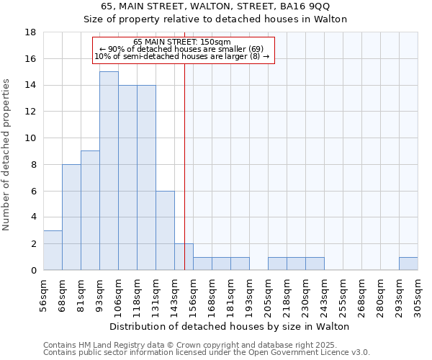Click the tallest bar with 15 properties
109,171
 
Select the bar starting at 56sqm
53,251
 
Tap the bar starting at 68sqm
71,217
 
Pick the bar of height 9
90,210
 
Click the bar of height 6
165,230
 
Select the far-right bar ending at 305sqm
408,264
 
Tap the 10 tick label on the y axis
31,138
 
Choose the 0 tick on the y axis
34,271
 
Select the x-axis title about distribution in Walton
230,326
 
